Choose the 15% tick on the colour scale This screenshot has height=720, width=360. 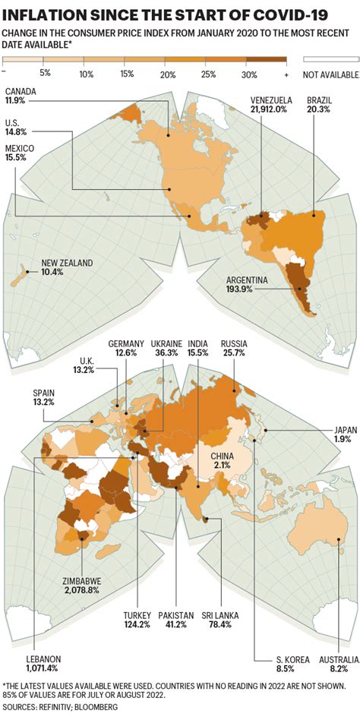pyautogui.click(x=126, y=74)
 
